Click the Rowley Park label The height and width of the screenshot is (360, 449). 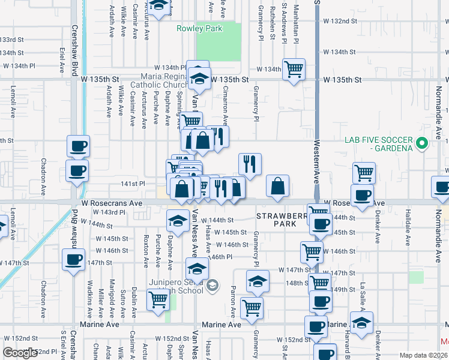(x=199, y=28)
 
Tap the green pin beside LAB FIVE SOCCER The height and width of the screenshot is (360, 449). (x=422, y=144)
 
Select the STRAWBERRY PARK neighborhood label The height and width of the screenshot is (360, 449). (x=277, y=219)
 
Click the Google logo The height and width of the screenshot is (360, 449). (x=21, y=353)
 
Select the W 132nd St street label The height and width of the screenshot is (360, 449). (x=338, y=21)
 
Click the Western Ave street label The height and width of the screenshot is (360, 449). (x=316, y=162)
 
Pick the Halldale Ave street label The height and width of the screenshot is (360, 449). (x=407, y=232)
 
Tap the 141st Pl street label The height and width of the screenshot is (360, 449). (x=134, y=184)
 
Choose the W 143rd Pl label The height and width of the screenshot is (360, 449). (x=109, y=212)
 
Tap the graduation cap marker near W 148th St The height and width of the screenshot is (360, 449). (x=258, y=281)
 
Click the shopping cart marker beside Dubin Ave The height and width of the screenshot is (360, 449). (x=158, y=299)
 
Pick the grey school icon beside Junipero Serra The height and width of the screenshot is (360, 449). (x=211, y=286)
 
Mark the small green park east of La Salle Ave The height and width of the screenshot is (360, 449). (x=416, y=277)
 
